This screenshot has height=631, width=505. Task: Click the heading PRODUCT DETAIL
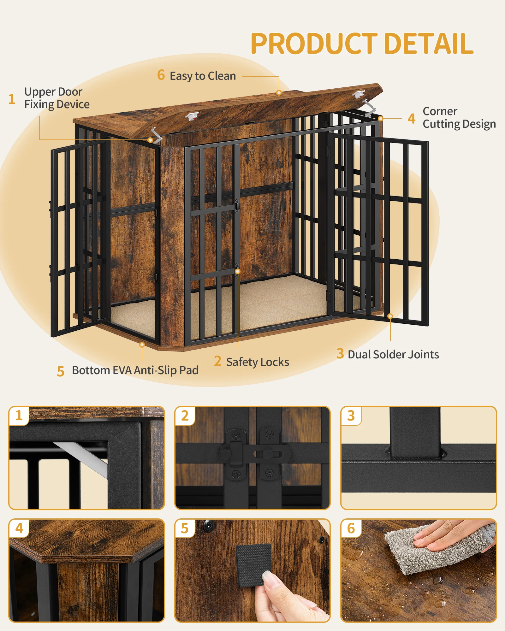(x=362, y=44)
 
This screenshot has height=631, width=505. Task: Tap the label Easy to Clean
(x=203, y=76)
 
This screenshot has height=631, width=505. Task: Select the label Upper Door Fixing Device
(x=57, y=98)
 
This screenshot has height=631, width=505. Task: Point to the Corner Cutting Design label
(x=459, y=118)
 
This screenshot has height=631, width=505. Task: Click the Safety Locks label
(x=258, y=362)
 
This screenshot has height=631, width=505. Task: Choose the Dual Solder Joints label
(x=393, y=354)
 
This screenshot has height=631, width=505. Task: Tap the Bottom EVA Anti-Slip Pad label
(x=135, y=370)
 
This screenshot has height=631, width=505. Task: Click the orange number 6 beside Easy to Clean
(x=161, y=75)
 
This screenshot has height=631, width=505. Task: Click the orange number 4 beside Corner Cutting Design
(x=411, y=119)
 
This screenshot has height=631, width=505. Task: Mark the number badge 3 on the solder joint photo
(x=351, y=416)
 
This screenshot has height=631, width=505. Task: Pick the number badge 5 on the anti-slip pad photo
(x=185, y=528)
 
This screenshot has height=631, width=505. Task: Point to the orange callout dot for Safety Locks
(x=238, y=271)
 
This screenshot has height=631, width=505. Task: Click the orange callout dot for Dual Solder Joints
(x=390, y=316)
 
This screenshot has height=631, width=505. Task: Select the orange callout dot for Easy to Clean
(x=279, y=93)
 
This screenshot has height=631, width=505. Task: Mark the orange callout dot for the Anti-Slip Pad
(x=142, y=345)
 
